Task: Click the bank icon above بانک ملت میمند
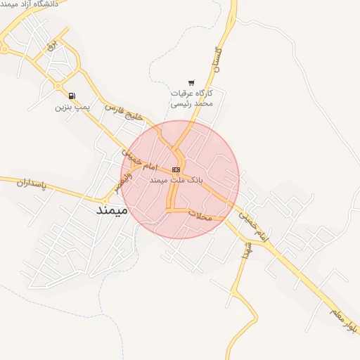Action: click(x=175, y=169)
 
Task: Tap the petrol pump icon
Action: click(x=72, y=96)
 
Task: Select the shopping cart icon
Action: click(x=191, y=83)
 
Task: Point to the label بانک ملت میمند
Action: click(x=176, y=180)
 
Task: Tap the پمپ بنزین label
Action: click(x=72, y=108)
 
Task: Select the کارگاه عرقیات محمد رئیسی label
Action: click(x=191, y=98)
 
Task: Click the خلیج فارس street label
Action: click(x=124, y=112)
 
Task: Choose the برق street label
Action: click(x=49, y=46)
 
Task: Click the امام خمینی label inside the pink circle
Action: click(x=138, y=161)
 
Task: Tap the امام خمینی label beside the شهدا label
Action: click(x=253, y=227)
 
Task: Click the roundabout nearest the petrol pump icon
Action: click(x=58, y=86)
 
